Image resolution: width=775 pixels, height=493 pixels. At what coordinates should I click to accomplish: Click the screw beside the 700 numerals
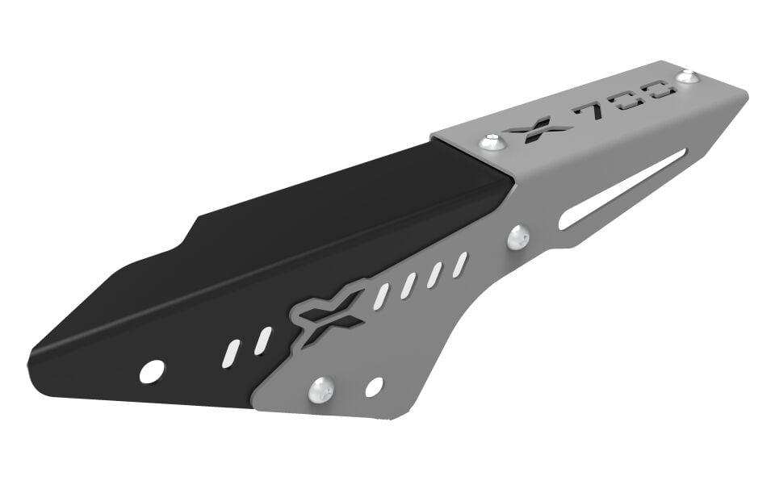687,77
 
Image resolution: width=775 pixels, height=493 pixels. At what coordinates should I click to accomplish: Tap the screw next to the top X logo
492,143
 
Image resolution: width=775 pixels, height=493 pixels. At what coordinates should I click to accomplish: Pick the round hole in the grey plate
374,386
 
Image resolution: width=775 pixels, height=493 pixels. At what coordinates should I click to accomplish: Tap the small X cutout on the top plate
537,128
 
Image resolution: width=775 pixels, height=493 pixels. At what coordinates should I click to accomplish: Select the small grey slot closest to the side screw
460,264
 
